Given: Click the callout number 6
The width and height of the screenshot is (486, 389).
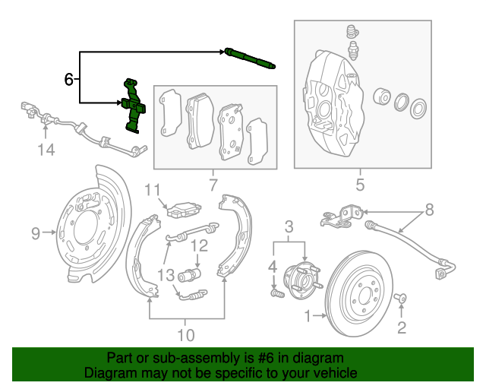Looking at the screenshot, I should coord(69,78).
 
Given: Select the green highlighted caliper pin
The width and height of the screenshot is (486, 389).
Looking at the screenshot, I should coord(249,59).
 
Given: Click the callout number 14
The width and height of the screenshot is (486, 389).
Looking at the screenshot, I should coord(46,150).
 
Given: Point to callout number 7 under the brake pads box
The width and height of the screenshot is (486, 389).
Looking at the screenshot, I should coord(213,184).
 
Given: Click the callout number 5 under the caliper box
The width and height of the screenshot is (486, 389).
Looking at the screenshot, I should coord(360,184).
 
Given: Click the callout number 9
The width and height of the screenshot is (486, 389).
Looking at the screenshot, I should coord(36,234).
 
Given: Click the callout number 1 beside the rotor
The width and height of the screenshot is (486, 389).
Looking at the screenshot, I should coord(308,314).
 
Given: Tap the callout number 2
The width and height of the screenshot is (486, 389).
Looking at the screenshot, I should coord(402,327).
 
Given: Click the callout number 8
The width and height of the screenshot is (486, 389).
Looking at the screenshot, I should coord(429,208).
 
